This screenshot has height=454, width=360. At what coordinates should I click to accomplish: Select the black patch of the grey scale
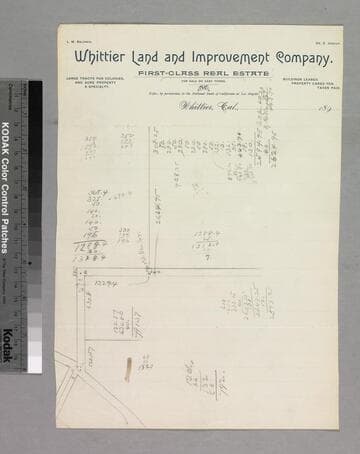pos(35,95)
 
